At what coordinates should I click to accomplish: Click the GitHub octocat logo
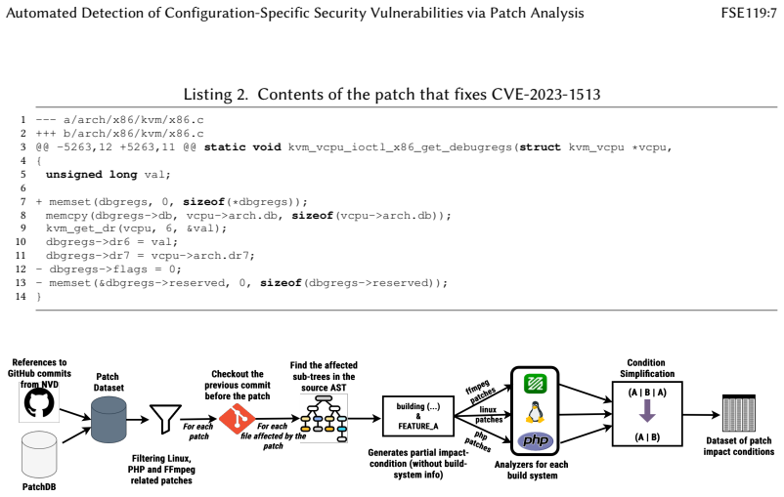(39, 403)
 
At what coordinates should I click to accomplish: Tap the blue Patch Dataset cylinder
(109, 420)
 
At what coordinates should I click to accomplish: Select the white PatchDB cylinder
(39, 455)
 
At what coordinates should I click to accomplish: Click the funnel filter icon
(165, 419)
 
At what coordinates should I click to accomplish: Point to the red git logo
(237, 419)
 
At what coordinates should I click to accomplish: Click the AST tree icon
(324, 419)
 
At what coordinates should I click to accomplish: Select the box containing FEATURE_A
(418, 416)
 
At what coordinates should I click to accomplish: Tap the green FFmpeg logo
(535, 384)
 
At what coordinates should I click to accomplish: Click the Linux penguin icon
(535, 413)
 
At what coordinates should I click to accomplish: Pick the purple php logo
(535, 440)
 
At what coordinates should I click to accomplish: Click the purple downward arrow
(647, 411)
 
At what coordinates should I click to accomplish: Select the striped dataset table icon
(738, 413)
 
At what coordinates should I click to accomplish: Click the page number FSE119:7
(749, 13)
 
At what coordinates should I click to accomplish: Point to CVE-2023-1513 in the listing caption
(546, 94)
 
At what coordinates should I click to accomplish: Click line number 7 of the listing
(23, 201)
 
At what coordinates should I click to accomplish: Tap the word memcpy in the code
(67, 215)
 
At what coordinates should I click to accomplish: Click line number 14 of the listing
(21, 296)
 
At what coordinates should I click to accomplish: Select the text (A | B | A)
(647, 393)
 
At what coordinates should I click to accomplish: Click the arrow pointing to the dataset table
(701, 415)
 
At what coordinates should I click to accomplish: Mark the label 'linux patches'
(488, 415)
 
